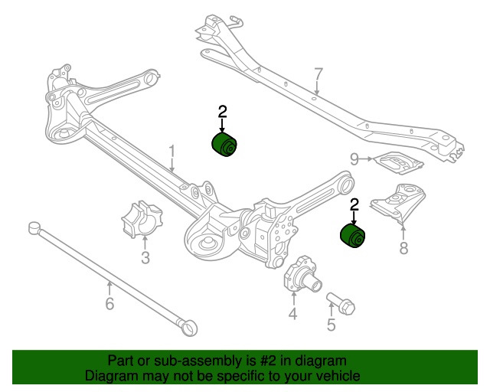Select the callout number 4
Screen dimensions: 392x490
click(x=292, y=314)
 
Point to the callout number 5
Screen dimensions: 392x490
click(x=331, y=325)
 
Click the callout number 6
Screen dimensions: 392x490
click(x=109, y=304)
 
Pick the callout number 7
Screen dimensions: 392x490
click(x=318, y=75)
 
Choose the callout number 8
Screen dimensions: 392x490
click(x=403, y=247)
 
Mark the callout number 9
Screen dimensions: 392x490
click(x=354, y=158)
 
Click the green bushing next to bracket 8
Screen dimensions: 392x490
click(x=353, y=236)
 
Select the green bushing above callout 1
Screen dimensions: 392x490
click(x=224, y=143)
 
